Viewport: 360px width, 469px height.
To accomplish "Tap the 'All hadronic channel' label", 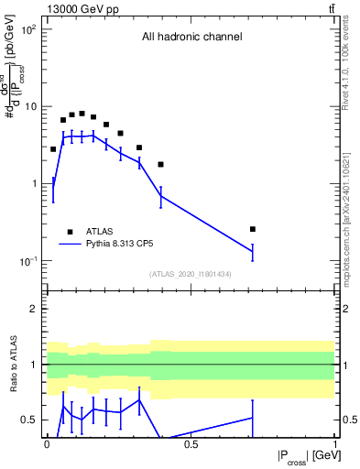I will point(191,38).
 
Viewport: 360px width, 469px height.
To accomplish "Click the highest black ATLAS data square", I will point(82,114).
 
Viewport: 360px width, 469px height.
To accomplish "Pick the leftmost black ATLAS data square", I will point(53,149).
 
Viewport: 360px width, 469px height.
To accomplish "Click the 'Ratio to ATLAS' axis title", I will point(16,365).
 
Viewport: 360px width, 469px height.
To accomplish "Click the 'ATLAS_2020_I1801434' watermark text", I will point(191,274).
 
